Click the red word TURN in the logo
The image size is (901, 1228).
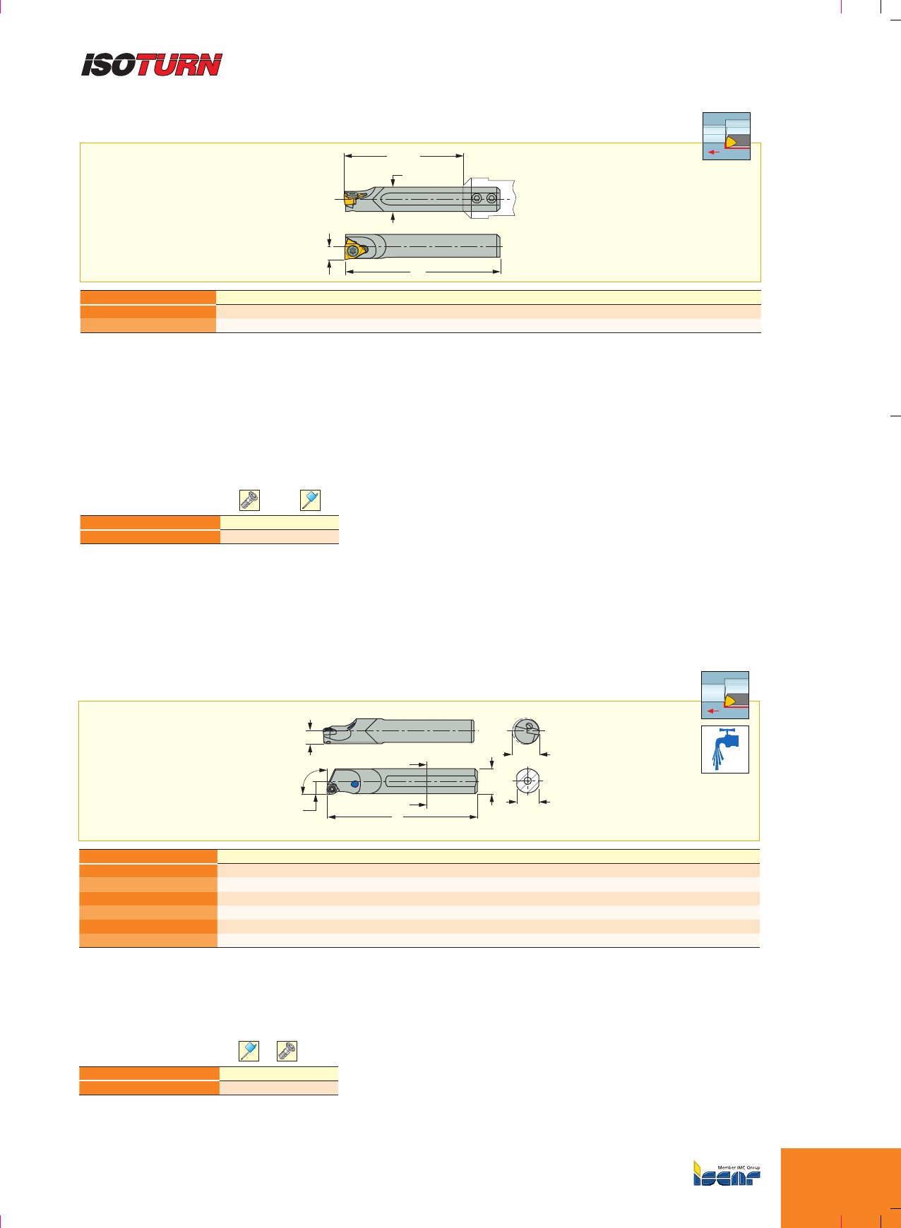coord(179,65)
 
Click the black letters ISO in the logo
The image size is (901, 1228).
coord(109,65)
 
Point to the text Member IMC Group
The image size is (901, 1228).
coord(739,1168)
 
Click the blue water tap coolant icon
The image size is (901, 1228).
coord(725,749)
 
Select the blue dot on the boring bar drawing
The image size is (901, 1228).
coord(355,784)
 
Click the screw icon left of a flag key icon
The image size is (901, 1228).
coord(249,500)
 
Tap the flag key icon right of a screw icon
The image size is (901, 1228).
coord(311,500)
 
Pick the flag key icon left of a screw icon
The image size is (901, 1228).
coord(249,1051)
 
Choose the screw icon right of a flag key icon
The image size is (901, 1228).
coord(287,1051)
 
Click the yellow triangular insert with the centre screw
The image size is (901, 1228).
coord(354,250)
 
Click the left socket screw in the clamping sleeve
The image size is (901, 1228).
coord(477,200)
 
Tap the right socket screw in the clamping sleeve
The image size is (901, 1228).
coord(491,200)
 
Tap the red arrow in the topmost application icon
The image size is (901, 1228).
coord(714,151)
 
